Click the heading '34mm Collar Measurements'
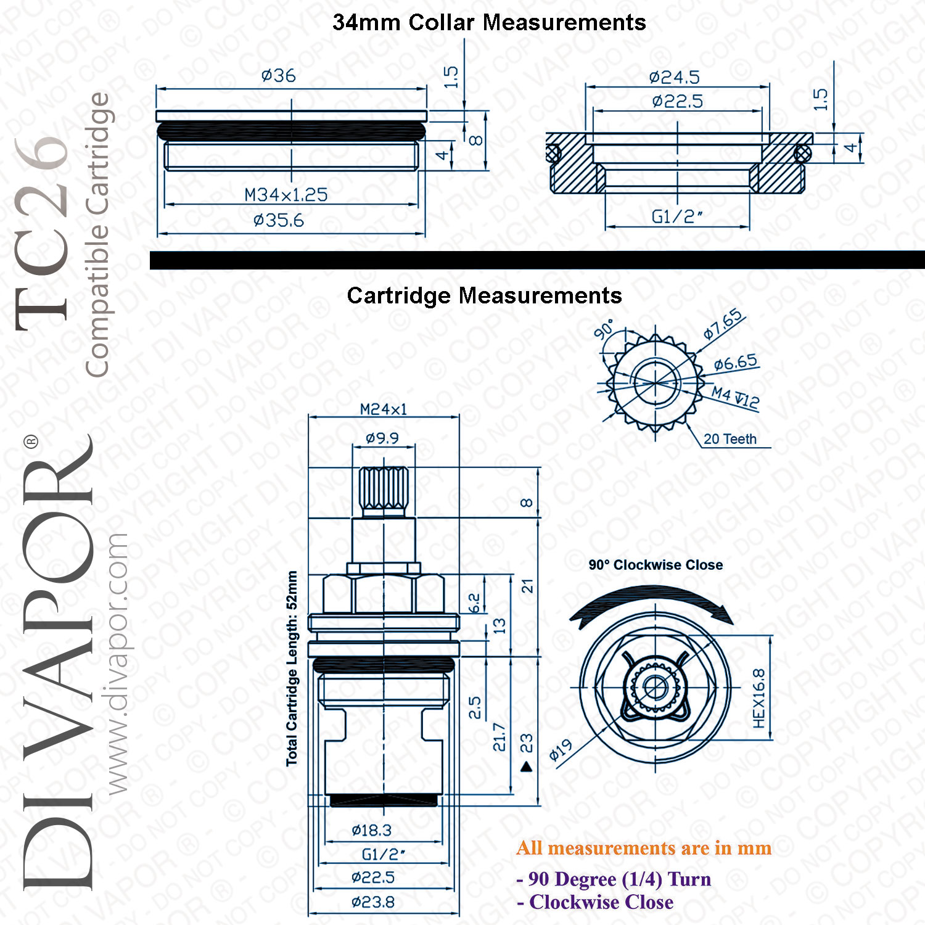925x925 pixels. (x=489, y=23)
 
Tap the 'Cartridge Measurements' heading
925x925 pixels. (x=484, y=296)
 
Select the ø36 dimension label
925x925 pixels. (x=279, y=76)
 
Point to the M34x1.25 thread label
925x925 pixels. (x=286, y=195)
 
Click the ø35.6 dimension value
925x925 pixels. (x=279, y=220)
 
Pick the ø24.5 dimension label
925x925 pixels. (x=675, y=78)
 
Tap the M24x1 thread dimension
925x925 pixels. (x=384, y=409)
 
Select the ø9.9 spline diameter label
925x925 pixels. (x=382, y=438)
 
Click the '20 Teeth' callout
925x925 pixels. (x=730, y=439)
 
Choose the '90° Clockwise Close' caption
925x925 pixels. (x=656, y=565)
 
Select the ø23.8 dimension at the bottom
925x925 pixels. (x=373, y=902)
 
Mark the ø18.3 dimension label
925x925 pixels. (x=371, y=831)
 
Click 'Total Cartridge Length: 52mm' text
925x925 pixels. (x=292, y=668)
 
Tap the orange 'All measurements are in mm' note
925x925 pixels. (x=644, y=849)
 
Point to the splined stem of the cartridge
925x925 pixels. (x=384, y=491)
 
